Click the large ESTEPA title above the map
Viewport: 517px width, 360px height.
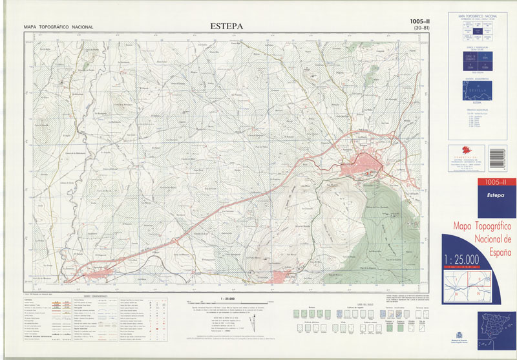click(226, 26)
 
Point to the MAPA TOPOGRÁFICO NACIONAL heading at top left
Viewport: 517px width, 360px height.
click(58, 27)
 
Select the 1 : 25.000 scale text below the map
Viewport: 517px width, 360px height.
click(226, 298)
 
